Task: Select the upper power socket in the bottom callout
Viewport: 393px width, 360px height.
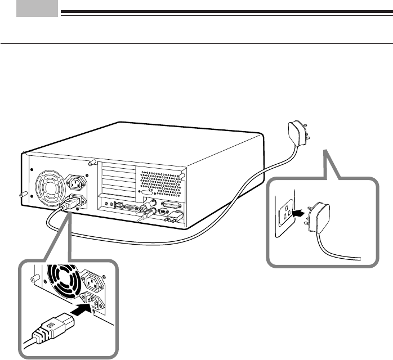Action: point(92,279)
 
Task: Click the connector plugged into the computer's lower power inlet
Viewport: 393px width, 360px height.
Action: point(67,206)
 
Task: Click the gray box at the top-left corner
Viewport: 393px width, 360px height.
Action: point(37,8)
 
